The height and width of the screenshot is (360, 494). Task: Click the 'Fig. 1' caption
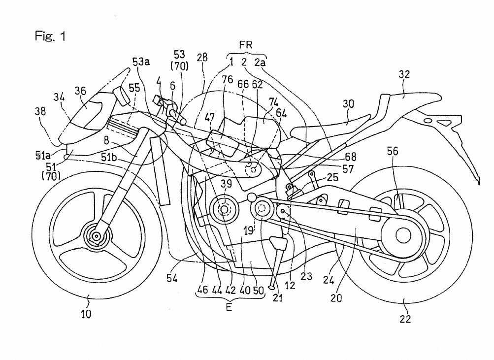(50, 36)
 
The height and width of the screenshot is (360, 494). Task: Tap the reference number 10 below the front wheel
(86, 314)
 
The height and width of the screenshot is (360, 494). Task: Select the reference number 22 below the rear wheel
(405, 319)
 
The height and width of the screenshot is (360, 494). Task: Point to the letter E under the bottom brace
(229, 307)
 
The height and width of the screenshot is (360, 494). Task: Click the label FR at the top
(246, 45)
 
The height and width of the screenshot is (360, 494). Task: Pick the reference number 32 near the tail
(404, 74)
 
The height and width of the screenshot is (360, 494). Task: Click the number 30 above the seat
(348, 103)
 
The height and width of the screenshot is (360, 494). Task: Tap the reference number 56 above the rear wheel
(393, 151)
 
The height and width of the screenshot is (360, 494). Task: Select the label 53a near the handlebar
(141, 62)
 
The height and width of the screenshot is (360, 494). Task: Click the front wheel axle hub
(97, 236)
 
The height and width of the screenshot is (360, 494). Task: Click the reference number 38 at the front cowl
(40, 111)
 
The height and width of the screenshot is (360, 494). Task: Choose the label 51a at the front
(43, 155)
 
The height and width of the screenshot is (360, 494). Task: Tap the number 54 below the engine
(172, 278)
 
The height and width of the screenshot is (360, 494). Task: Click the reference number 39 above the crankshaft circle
(226, 184)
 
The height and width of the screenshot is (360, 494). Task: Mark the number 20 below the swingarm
(336, 297)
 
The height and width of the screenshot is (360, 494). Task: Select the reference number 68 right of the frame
(350, 157)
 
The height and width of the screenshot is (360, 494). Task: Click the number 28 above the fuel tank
(202, 57)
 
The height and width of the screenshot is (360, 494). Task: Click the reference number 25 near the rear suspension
(332, 177)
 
